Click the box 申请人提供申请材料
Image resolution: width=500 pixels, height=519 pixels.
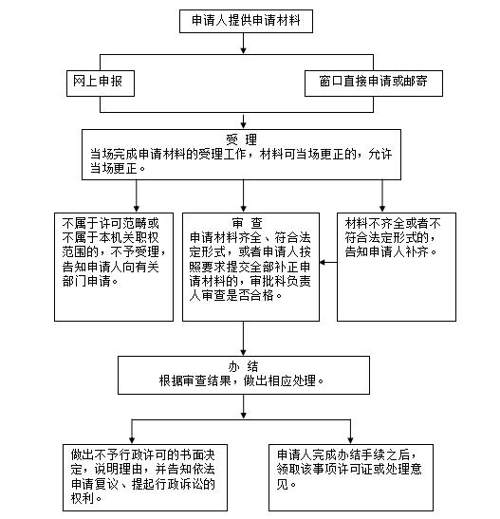(x=246, y=21)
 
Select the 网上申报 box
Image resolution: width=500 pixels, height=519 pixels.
(x=101, y=83)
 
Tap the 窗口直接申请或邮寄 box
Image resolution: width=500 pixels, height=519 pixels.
(x=374, y=83)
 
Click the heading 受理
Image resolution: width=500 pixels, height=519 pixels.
(x=241, y=139)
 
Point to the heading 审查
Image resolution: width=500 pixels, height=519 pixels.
(x=248, y=223)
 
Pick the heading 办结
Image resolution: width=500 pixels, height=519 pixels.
(x=243, y=366)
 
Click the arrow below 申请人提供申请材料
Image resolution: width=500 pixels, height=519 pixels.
(x=243, y=44)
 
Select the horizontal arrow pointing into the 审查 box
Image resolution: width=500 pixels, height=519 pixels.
(x=328, y=263)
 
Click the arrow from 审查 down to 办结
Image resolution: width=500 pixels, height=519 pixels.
(x=243, y=339)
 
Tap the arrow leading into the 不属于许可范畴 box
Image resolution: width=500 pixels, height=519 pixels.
(x=136, y=196)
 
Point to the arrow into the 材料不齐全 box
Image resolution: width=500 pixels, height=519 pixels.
(x=382, y=196)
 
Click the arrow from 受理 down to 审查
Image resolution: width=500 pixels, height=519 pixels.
(x=243, y=196)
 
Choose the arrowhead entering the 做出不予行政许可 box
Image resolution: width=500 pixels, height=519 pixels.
(x=132, y=440)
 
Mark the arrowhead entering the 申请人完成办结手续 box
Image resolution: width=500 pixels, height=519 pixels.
(x=350, y=440)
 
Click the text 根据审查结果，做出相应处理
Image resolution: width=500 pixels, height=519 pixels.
(x=241, y=381)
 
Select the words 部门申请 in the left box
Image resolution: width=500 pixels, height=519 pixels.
(x=86, y=281)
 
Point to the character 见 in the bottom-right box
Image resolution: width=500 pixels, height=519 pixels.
(x=283, y=484)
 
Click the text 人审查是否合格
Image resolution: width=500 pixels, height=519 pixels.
(x=231, y=296)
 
